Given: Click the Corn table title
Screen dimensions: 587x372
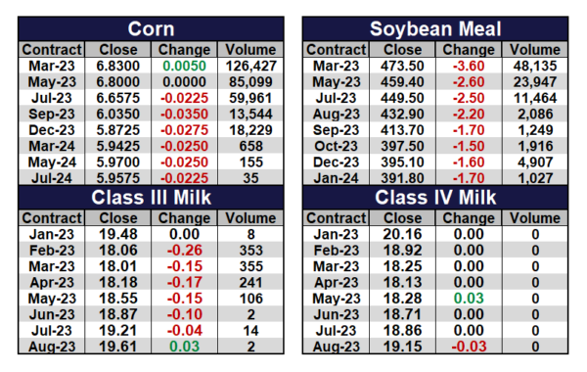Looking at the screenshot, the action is pos(151,28).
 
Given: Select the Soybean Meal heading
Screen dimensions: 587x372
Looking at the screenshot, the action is pos(435,29).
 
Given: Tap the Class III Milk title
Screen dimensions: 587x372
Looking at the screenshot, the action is pos(151,198).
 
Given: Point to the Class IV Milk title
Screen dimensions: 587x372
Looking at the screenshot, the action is pos(435,198).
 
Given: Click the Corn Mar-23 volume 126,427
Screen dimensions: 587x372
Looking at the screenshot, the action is pos(250,66).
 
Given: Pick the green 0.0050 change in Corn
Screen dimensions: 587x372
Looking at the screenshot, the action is pos(184,66).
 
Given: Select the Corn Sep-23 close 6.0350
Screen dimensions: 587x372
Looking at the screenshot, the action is pos(118,114).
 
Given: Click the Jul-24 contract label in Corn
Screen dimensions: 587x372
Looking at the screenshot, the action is pos(52,178).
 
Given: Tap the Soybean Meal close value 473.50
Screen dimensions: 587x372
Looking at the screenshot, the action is pos(402,66).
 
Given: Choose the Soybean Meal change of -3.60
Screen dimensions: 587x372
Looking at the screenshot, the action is pos(469,66).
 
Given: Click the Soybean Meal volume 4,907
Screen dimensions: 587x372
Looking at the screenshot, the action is pos(535,163).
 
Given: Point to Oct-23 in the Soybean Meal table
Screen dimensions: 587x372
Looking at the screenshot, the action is pos(337,146).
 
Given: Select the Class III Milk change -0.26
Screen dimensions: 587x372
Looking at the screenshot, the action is pos(184,251).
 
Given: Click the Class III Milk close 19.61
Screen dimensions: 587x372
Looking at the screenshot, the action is pos(118,347).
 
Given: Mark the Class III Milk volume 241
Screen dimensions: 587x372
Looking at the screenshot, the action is pos(250,283).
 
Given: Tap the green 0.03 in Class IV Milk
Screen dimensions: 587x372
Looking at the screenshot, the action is pos(469,299).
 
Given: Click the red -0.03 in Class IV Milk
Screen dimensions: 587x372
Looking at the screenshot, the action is pos(469,347).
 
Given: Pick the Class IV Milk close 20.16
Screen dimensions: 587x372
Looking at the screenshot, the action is pos(402,235).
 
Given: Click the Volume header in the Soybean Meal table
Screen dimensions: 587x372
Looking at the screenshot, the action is pos(535,50).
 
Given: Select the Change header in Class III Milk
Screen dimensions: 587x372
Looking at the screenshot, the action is pos(184,218).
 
